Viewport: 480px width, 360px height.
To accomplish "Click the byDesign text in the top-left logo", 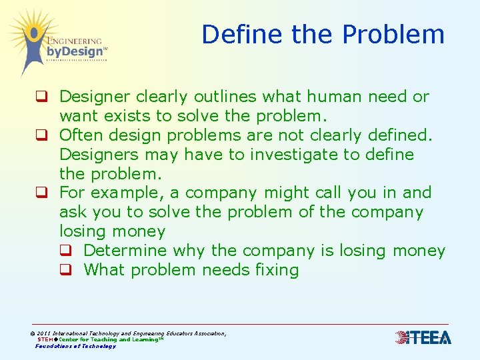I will coord(75,51).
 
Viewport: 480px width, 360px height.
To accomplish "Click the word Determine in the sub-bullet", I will coord(125,251).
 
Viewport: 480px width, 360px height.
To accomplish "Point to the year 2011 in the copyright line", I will coord(44,333).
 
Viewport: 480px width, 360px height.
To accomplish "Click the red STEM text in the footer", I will coord(45,339).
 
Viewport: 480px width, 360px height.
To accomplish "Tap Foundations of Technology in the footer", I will coord(75,346).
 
